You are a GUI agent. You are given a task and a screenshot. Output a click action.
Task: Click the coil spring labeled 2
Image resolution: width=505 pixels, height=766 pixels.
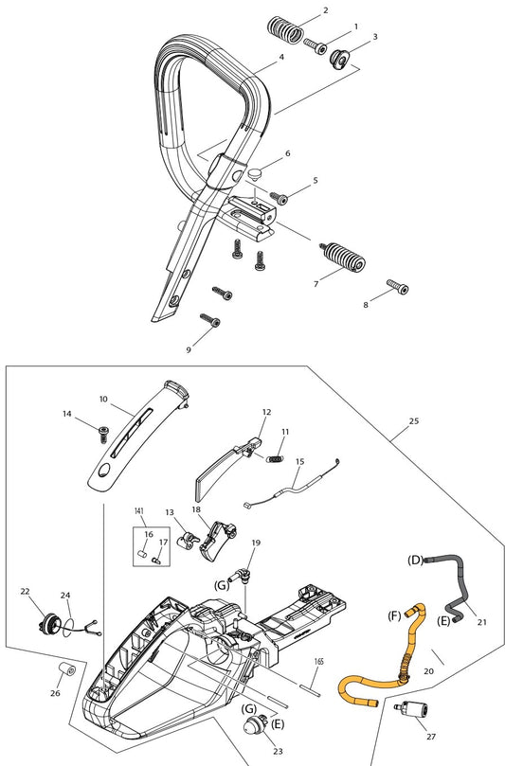pos(284,30)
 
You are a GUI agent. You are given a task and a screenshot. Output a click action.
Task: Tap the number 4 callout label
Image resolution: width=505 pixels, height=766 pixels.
pos(281,57)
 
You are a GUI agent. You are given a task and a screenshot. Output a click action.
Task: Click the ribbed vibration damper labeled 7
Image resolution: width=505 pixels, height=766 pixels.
pos(343,256)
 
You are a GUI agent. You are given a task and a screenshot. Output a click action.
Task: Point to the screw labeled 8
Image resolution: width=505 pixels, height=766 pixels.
pos(398,286)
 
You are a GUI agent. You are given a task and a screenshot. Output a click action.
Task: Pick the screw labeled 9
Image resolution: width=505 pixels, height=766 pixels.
pos(210,320)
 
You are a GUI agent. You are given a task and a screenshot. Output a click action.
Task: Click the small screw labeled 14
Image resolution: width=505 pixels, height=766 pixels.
pos(103,434)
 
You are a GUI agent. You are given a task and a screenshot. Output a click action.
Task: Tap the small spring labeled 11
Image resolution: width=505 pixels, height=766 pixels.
pos(275,458)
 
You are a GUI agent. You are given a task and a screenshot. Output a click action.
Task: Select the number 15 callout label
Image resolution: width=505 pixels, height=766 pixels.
pos(300,461)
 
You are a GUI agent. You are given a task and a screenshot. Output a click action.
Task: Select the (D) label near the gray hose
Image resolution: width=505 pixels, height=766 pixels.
pos(415,560)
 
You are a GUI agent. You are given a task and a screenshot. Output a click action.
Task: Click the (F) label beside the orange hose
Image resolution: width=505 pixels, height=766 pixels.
pos(394,615)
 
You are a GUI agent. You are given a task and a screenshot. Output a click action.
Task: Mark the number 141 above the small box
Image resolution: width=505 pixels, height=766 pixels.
pos(139,511)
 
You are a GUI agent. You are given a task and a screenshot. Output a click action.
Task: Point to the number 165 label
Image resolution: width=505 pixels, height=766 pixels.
pos(318,662)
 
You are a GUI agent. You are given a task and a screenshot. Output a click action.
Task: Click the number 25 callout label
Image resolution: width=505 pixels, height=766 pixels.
pos(414,421)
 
